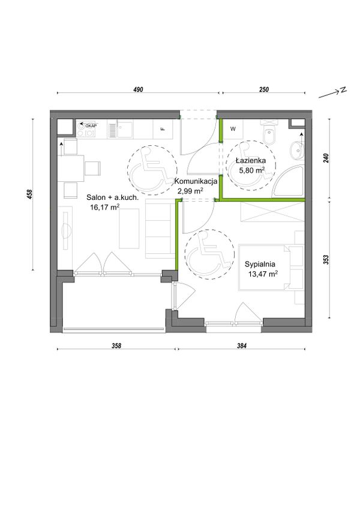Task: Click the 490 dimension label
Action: [x=138, y=89]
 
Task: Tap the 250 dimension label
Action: [x=264, y=89]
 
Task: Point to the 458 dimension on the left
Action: [x=30, y=194]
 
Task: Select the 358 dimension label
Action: [x=116, y=346]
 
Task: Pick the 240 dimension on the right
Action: [x=326, y=158]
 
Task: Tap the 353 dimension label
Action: [x=326, y=260]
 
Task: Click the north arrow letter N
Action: [x=343, y=90]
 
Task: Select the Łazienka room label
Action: [x=251, y=160]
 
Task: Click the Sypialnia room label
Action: [x=260, y=264]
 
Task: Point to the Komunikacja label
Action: [x=196, y=182]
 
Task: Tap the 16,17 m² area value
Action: [x=105, y=207]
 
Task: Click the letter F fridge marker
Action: [x=163, y=128]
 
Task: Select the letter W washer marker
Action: [x=233, y=129]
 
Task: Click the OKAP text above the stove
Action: [x=92, y=125]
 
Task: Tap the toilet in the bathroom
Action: [x=270, y=133]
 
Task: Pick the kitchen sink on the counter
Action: [x=121, y=130]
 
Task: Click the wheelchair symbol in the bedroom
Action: [x=209, y=254]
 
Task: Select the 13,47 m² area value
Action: [x=263, y=274]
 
